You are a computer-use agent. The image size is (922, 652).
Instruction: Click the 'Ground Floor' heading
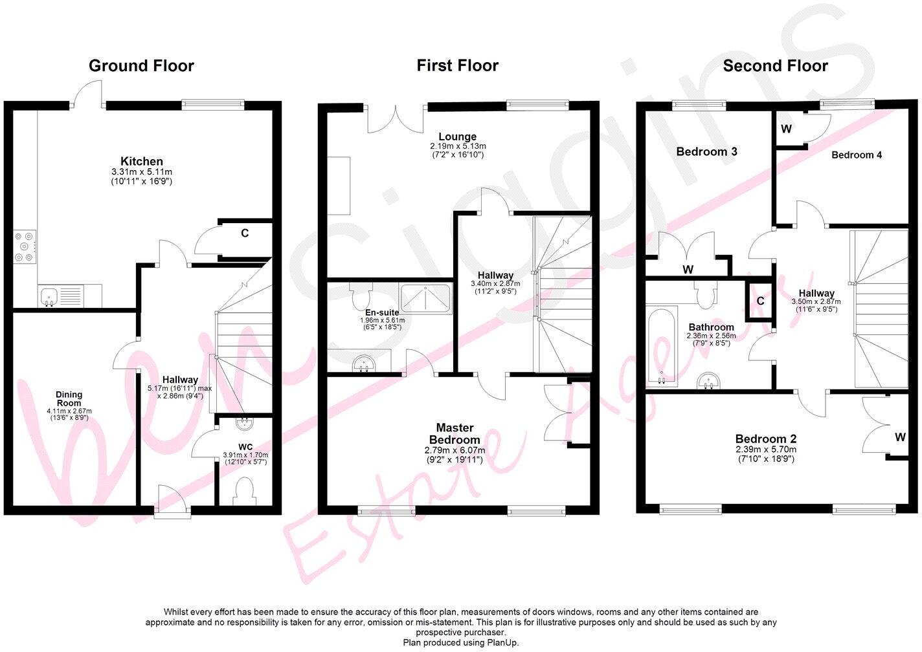141,65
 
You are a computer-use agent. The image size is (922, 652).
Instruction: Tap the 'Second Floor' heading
775,65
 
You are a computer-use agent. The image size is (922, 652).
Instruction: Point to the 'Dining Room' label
69,398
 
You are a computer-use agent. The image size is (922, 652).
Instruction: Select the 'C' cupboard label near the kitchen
245,233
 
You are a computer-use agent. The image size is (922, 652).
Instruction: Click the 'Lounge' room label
457,136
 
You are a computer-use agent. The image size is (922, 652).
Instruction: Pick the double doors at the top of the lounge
397,118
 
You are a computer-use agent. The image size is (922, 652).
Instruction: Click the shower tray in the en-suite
425,299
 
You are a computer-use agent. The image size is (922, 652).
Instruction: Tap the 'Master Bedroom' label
455,433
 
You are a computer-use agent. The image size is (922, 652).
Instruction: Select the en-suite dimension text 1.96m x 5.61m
382,320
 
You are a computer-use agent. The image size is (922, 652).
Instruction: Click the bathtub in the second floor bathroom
661,346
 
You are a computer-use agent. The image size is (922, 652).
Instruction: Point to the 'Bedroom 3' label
706,151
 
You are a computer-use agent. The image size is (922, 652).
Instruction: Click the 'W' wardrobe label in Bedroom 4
786,129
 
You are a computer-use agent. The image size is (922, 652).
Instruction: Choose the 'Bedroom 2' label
765,439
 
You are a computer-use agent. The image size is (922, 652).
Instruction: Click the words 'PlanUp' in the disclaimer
502,642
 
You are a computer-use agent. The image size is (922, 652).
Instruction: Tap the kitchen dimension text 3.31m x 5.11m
141,172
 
